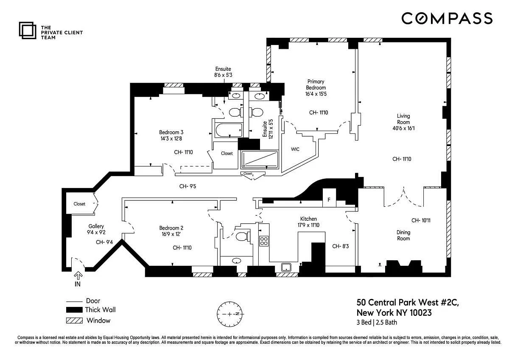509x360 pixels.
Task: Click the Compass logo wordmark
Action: pos(447,18)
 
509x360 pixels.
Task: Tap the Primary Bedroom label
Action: pos(316,84)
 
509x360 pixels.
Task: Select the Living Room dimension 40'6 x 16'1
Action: pos(403,128)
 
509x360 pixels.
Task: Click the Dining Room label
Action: pos(403,235)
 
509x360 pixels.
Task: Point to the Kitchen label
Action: pos(308,219)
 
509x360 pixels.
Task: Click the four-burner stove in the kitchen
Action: pos(264,241)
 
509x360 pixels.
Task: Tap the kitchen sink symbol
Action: pos(286,267)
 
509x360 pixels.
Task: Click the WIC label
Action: pos(295,149)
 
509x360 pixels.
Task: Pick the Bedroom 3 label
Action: pos(171,132)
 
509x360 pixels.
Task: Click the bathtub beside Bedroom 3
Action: pos(229,130)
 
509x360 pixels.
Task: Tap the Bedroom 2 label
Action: pos(171,228)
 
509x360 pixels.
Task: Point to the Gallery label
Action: pos(96,226)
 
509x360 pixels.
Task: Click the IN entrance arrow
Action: pos(78,276)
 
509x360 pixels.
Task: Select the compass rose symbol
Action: pos(230,314)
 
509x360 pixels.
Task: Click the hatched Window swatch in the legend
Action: pos(74,321)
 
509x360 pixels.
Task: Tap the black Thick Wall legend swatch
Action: pos(74,310)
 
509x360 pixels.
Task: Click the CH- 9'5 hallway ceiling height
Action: pos(187,186)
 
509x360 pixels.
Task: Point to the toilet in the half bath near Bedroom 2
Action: pos(242,236)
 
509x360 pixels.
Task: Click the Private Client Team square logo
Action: pos(28,30)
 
